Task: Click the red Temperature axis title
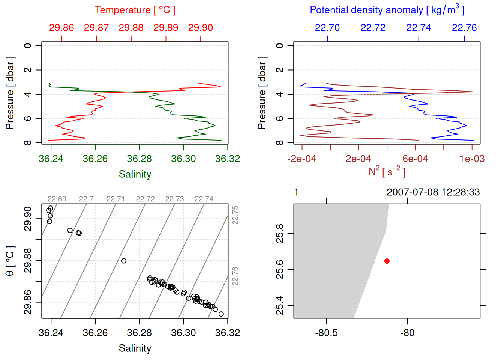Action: [135, 10]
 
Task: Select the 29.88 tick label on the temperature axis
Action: [131, 28]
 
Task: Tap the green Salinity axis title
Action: [135, 174]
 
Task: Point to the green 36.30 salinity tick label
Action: [183, 159]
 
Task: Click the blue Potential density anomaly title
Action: [387, 10]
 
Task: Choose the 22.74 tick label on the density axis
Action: [418, 28]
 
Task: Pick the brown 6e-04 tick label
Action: [415, 159]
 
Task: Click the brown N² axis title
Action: [387, 172]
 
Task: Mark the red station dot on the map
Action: [387, 261]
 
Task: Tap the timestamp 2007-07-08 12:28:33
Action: [433, 192]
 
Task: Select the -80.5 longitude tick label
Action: [326, 333]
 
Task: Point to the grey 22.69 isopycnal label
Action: [57, 199]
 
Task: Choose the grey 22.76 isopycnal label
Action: [235, 276]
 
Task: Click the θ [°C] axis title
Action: [10, 261]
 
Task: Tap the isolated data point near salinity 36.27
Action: [124, 261]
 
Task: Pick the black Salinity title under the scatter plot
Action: [135, 348]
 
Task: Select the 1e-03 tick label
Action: [472, 159]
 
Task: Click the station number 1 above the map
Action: [296, 192]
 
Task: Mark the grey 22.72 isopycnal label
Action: [145, 199]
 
